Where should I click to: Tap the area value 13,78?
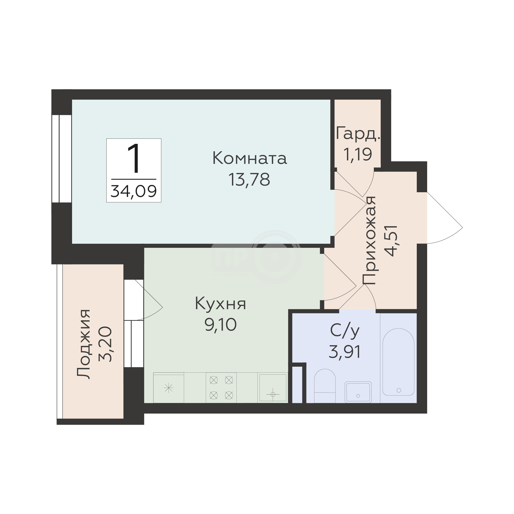pyautogui.click(x=249, y=180)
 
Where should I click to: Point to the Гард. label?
pyautogui.click(x=358, y=133)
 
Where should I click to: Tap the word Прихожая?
pyautogui.click(x=369, y=241)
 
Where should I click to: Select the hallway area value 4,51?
pyautogui.click(x=391, y=241)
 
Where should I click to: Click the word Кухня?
pyautogui.click(x=221, y=304)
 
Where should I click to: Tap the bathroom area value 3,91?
pyautogui.click(x=345, y=352)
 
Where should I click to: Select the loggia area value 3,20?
pyautogui.click(x=105, y=344)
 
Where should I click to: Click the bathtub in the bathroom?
pyautogui.click(x=398, y=362)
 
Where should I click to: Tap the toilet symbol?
pyautogui.click(x=324, y=385)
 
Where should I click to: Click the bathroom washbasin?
pyautogui.click(x=358, y=392)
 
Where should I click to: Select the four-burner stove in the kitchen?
pyautogui.click(x=221, y=387)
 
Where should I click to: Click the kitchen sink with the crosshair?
pyautogui.click(x=273, y=387)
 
